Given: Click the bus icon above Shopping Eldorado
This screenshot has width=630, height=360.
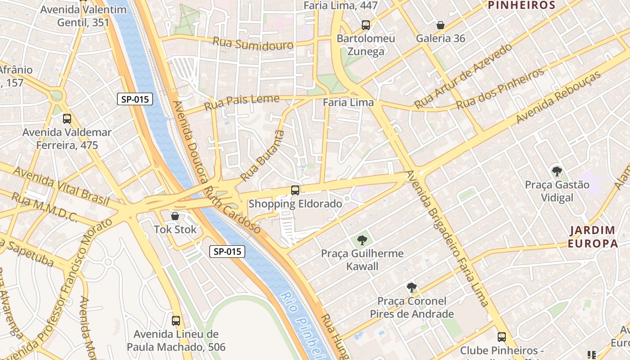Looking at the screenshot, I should tap(295, 190).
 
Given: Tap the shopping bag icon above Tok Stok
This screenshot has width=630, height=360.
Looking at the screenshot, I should tap(175, 216).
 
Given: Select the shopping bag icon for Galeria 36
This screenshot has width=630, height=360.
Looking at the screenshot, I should tap(441, 25).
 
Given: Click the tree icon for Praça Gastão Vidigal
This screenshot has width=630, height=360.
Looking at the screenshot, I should tap(557, 171).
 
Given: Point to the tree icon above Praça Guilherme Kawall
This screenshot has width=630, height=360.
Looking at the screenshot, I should tap(362, 240).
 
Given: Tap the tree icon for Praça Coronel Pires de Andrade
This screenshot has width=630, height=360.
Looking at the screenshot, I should tap(411, 288).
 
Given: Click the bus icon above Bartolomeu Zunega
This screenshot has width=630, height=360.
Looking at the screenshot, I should tap(366, 25).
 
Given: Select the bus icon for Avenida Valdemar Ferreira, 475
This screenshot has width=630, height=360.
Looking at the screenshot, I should tap(67, 119).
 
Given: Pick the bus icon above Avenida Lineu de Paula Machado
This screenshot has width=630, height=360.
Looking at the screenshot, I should tap(176, 321).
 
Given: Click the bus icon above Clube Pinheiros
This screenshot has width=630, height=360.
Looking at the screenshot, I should tap(502, 337).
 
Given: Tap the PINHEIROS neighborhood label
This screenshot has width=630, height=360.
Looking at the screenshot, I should tap(522, 5).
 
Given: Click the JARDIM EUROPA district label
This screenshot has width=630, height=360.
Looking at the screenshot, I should tap(592, 237).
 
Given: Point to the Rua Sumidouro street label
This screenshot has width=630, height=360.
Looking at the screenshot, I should tap(252, 44).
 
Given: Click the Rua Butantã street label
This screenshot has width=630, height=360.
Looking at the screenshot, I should tap(263, 155).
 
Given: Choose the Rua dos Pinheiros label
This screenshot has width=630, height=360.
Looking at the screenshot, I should tap(500, 89).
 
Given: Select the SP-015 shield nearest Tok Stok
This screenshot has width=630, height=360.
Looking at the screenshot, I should tap(227, 252).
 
